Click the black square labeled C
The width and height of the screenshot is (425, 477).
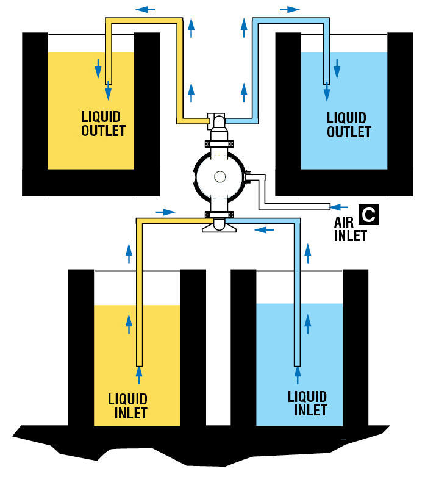[369, 215]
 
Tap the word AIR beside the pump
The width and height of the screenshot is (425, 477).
[344, 223]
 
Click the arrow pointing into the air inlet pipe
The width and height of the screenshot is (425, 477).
[341, 206]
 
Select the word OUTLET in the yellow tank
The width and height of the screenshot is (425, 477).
[103, 131]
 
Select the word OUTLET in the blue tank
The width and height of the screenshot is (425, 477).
[349, 132]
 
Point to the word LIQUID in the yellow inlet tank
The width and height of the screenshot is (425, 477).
[127, 400]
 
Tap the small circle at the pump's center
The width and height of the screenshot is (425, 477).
[219, 176]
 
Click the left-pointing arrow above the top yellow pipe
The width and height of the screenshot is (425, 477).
[145, 9]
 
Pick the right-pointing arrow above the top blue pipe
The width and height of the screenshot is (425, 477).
[290, 9]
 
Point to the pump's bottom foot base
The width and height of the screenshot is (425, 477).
[219, 228]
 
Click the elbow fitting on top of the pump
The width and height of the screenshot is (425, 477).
[218, 121]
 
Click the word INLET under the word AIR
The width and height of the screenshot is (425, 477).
[350, 235]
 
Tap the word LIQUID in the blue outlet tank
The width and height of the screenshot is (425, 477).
[346, 118]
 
